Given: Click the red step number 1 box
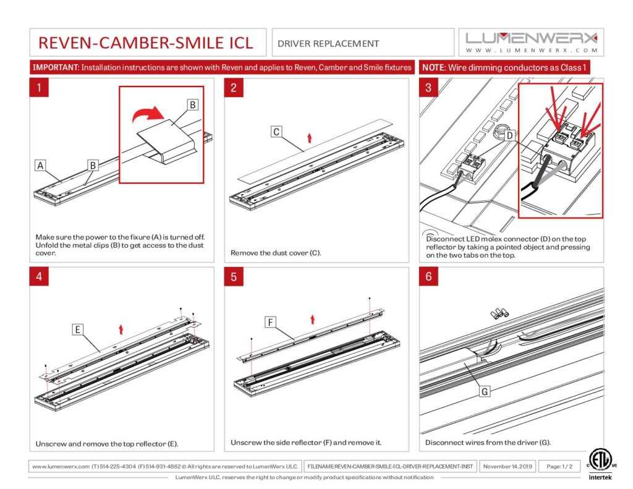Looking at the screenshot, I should [x=39, y=88].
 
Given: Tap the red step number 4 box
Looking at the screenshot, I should [x=39, y=277].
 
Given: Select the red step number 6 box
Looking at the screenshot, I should [x=428, y=277].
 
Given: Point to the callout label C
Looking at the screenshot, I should [x=276, y=132].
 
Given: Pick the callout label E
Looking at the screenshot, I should [x=78, y=330].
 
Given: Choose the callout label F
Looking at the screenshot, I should [x=270, y=322].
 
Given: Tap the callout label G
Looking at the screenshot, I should [x=485, y=392].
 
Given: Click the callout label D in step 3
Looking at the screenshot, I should [x=509, y=135].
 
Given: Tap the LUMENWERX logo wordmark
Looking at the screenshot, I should [x=531, y=38].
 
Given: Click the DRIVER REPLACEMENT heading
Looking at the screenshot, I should [x=328, y=43].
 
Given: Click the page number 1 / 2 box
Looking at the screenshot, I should [x=559, y=466].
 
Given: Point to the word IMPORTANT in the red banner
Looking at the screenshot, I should [x=54, y=67].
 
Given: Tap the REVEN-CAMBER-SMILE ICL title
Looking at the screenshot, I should [x=146, y=43].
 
